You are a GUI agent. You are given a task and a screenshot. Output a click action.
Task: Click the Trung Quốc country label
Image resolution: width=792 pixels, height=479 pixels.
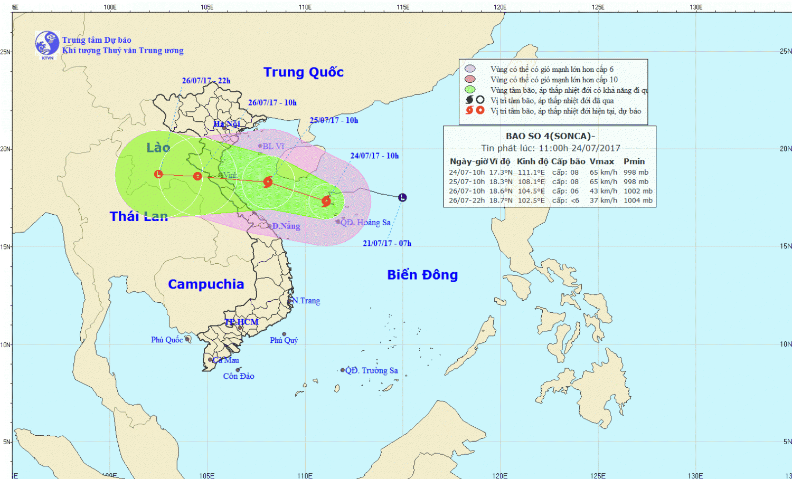point(304,72)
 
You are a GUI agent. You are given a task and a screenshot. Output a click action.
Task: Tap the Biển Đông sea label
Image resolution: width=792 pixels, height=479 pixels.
point(422,275)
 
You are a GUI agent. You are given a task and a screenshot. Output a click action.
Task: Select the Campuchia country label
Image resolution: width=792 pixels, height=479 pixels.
point(206,284)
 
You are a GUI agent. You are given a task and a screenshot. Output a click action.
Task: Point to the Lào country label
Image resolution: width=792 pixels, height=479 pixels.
point(158,148)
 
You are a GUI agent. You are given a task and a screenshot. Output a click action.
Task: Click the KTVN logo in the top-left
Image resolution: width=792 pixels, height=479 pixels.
point(47,44)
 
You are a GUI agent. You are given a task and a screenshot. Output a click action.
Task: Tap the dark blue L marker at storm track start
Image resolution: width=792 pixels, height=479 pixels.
point(402,198)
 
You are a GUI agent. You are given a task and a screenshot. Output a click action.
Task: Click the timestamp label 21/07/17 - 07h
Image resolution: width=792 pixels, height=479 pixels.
point(387,243)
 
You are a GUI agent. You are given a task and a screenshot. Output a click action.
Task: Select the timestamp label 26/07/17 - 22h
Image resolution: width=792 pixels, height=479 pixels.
point(206,81)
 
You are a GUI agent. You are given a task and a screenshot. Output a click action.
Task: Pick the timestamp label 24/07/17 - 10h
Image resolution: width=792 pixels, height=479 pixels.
point(374,156)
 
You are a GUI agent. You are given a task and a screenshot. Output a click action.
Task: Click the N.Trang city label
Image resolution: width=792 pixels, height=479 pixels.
point(306,301)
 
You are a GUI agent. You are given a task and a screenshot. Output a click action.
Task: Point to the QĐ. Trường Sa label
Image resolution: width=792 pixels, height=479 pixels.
point(372,370)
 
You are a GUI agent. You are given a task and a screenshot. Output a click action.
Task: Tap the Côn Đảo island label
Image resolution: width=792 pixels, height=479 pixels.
point(239,376)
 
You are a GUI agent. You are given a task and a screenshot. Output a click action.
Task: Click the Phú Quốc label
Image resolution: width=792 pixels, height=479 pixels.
point(167,340)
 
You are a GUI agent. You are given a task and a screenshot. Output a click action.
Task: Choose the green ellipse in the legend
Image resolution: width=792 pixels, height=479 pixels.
point(470,90)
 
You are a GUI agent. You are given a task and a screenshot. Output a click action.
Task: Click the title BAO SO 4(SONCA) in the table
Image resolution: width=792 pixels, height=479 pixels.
point(550,136)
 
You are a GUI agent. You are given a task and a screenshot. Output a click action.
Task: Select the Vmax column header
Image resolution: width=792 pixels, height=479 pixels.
point(602,161)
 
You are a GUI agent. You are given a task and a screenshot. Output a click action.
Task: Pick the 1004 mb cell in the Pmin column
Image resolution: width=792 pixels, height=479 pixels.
point(638,200)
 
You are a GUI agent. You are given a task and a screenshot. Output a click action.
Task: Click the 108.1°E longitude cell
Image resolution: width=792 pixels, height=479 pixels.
point(531,181)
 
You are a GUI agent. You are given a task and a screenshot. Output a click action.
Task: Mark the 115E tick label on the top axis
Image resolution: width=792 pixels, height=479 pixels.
point(403,7)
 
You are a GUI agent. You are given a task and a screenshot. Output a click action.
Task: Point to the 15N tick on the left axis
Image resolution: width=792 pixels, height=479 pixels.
point(6,246)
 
